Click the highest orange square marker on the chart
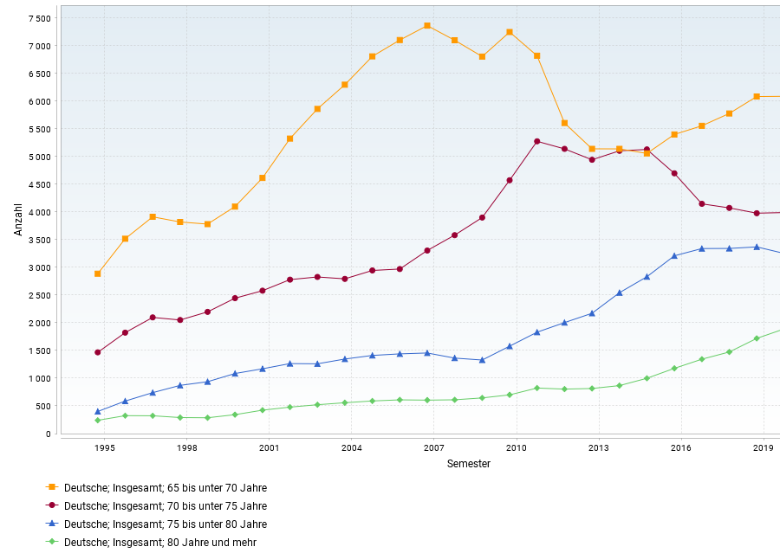(x=427, y=26)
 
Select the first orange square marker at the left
(x=98, y=273)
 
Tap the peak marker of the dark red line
(x=537, y=142)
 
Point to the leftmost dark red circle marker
(x=98, y=352)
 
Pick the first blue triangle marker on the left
(x=98, y=411)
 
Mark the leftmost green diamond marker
(x=98, y=421)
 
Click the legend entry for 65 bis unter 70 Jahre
(x=165, y=487)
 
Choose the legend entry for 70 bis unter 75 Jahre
(x=165, y=505)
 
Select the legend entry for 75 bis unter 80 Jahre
(x=165, y=524)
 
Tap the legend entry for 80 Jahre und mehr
(x=159, y=542)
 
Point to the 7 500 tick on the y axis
(x=39, y=18)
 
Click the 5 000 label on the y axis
(x=39, y=157)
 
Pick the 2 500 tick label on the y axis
(x=39, y=295)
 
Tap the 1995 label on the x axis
(x=105, y=447)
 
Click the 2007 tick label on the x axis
(x=434, y=447)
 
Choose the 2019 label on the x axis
(x=763, y=447)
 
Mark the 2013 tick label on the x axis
(x=598, y=447)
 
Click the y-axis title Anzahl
(x=18, y=219)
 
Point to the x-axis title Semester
(x=469, y=464)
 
